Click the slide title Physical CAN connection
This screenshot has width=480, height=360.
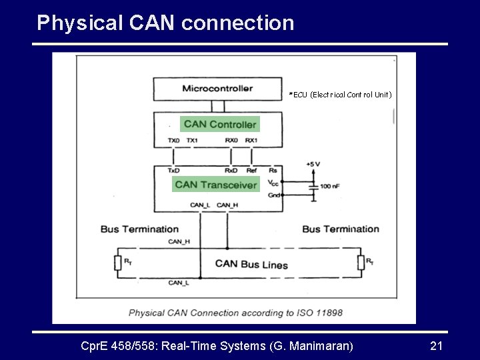click(165, 23)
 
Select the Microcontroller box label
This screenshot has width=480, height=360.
click(217, 89)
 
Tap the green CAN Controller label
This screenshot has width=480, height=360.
click(219, 124)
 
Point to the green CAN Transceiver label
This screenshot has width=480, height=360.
click(215, 185)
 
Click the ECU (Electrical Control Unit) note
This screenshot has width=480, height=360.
click(340, 95)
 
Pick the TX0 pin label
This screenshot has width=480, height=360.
click(173, 141)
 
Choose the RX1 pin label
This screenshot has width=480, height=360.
click(251, 141)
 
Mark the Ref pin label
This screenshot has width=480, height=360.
click(251, 171)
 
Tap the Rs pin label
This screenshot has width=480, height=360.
click(273, 171)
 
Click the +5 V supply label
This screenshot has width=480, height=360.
click(313, 164)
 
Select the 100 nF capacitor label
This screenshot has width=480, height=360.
click(331, 187)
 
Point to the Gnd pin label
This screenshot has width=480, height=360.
click(273, 195)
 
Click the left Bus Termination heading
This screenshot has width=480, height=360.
click(139, 229)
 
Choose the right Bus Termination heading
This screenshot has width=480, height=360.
click(341, 229)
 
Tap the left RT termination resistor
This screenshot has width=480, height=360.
click(119, 263)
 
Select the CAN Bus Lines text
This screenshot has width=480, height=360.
click(251, 264)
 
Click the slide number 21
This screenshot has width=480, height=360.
click(437, 345)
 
